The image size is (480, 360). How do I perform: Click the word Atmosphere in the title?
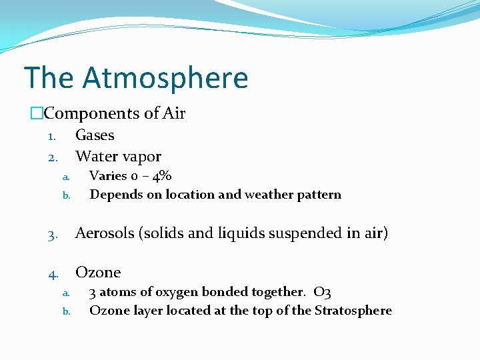[x=165, y=78]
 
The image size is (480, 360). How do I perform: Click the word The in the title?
[x=49, y=78]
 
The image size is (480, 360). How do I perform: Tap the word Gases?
[x=95, y=135]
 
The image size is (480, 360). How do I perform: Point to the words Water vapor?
[x=118, y=157]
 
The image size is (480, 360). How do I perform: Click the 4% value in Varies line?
[x=161, y=176]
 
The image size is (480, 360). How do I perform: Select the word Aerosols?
[x=105, y=233]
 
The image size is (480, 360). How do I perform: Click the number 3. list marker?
[x=53, y=235]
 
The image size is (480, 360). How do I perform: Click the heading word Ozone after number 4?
[x=98, y=272]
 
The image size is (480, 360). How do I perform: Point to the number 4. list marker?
[x=53, y=273]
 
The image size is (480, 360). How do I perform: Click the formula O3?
[x=322, y=292]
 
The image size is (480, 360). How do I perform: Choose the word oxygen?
[x=177, y=292]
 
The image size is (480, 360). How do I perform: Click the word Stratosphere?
[x=353, y=311]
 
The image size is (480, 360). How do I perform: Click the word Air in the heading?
[x=174, y=114]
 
